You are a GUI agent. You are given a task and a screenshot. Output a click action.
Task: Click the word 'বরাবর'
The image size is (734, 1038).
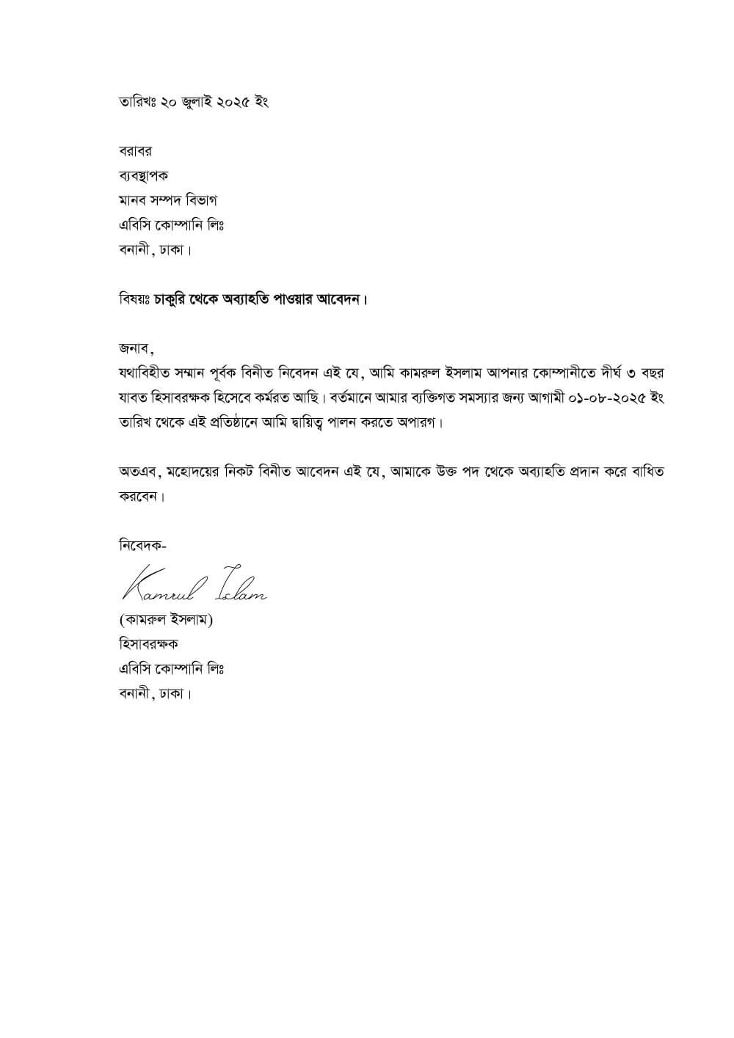135,151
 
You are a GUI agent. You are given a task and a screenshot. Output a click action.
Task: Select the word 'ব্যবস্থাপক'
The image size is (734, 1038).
143,176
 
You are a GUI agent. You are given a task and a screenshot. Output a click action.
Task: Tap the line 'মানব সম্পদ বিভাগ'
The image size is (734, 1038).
168,200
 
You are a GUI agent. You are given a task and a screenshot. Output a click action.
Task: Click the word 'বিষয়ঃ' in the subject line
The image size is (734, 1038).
134,300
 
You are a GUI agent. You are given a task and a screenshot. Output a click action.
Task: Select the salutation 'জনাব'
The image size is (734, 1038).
134,347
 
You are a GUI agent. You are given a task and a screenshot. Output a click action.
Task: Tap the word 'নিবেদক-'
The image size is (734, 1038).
142,546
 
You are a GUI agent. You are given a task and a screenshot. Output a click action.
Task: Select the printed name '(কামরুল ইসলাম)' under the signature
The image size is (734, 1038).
165,620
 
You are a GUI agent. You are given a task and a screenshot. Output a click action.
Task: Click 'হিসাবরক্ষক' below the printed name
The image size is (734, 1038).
148,644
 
